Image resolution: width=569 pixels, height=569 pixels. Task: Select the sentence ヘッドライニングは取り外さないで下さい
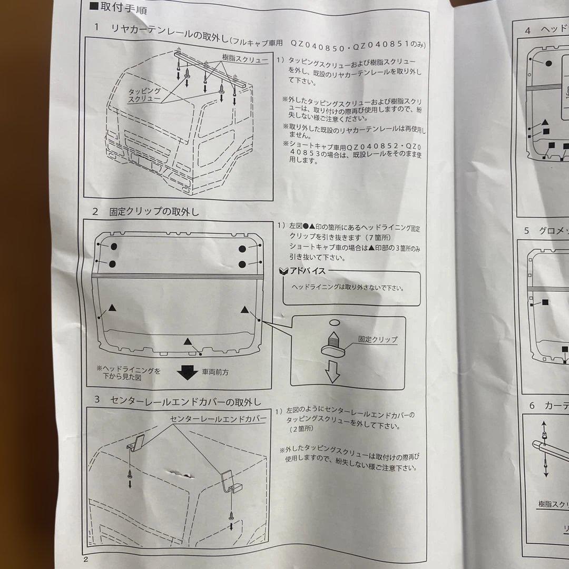[348, 288]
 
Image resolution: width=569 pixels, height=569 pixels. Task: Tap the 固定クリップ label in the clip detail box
[377, 340]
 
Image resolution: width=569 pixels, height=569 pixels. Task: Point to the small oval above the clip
[336, 322]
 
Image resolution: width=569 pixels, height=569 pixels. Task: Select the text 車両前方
[215, 372]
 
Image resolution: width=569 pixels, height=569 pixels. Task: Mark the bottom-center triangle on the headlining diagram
[188, 341]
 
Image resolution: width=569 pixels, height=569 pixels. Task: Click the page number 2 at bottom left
[85, 559]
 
